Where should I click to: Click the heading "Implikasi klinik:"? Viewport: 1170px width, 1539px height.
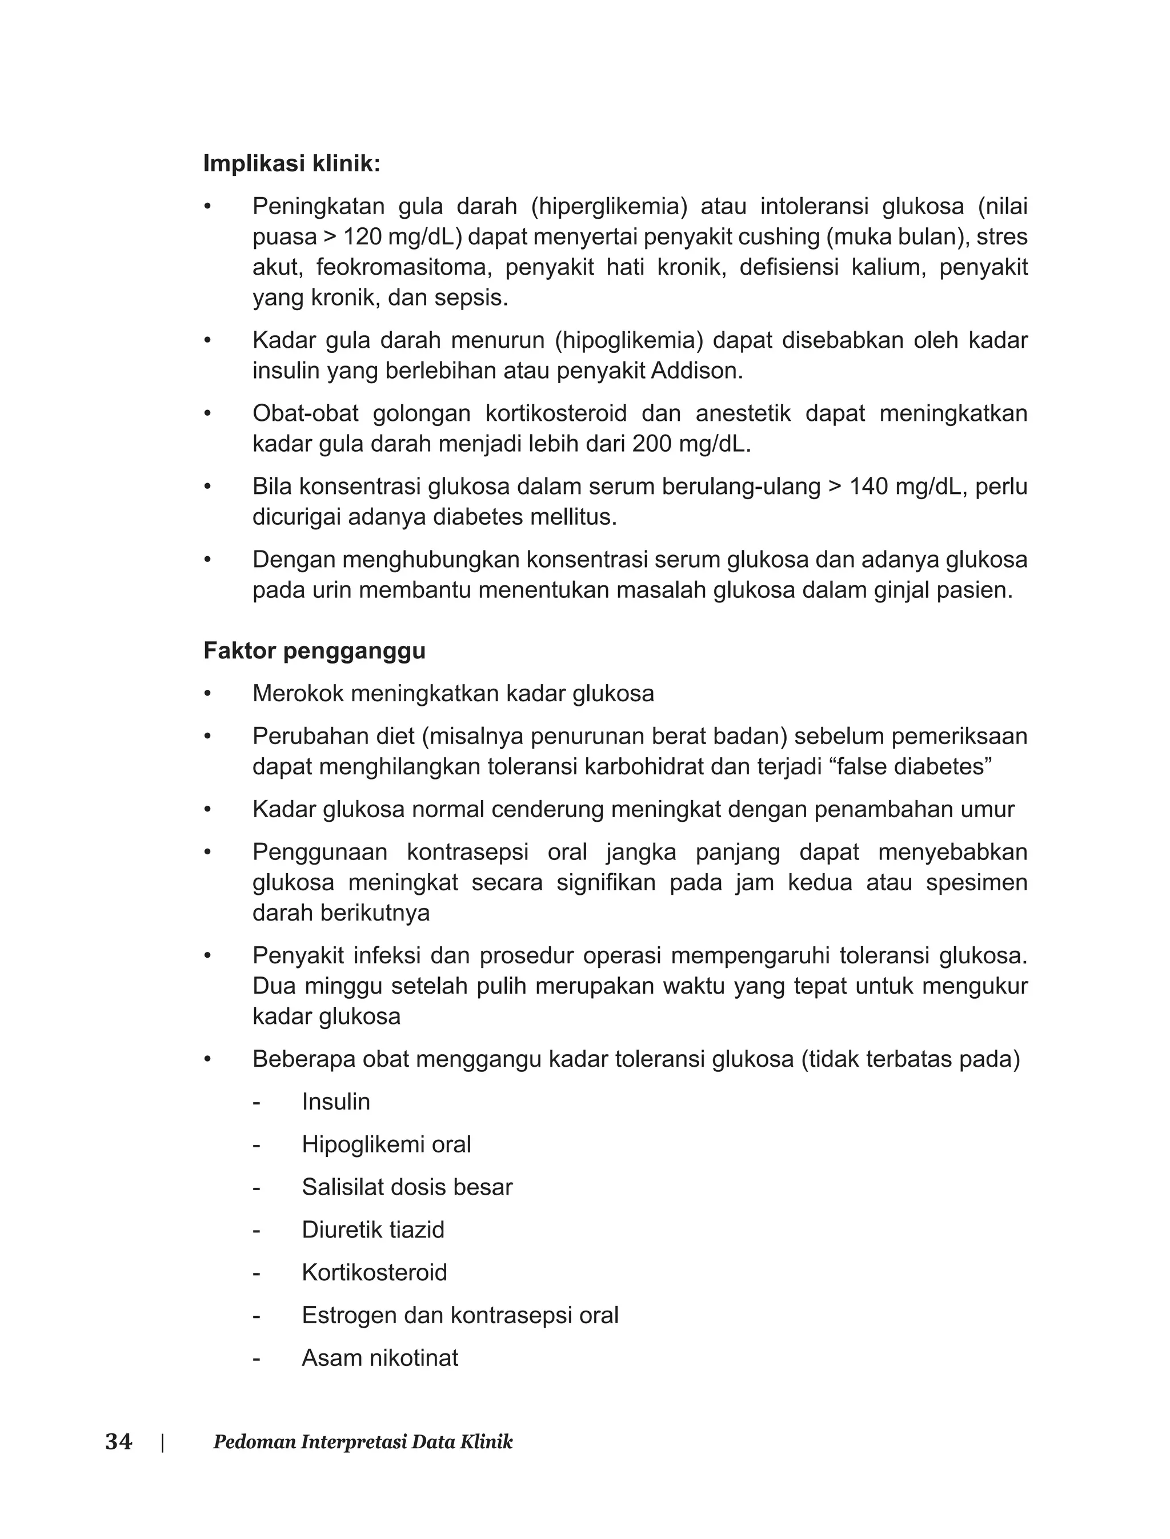pyautogui.click(x=292, y=163)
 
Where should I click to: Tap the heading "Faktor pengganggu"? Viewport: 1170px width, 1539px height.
pyautogui.click(x=314, y=651)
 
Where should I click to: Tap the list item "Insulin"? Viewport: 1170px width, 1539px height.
pyautogui.click(x=336, y=1102)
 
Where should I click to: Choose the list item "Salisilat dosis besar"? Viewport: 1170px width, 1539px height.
pyautogui.click(x=407, y=1187)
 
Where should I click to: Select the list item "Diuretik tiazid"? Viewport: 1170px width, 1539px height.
pyautogui.click(x=372, y=1230)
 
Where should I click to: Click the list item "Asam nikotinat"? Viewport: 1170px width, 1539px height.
pyautogui.click(x=379, y=1358)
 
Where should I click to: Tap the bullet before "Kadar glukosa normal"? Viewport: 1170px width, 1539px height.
pyautogui.click(x=207, y=810)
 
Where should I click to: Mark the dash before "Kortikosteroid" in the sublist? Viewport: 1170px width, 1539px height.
pyautogui.click(x=257, y=1273)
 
